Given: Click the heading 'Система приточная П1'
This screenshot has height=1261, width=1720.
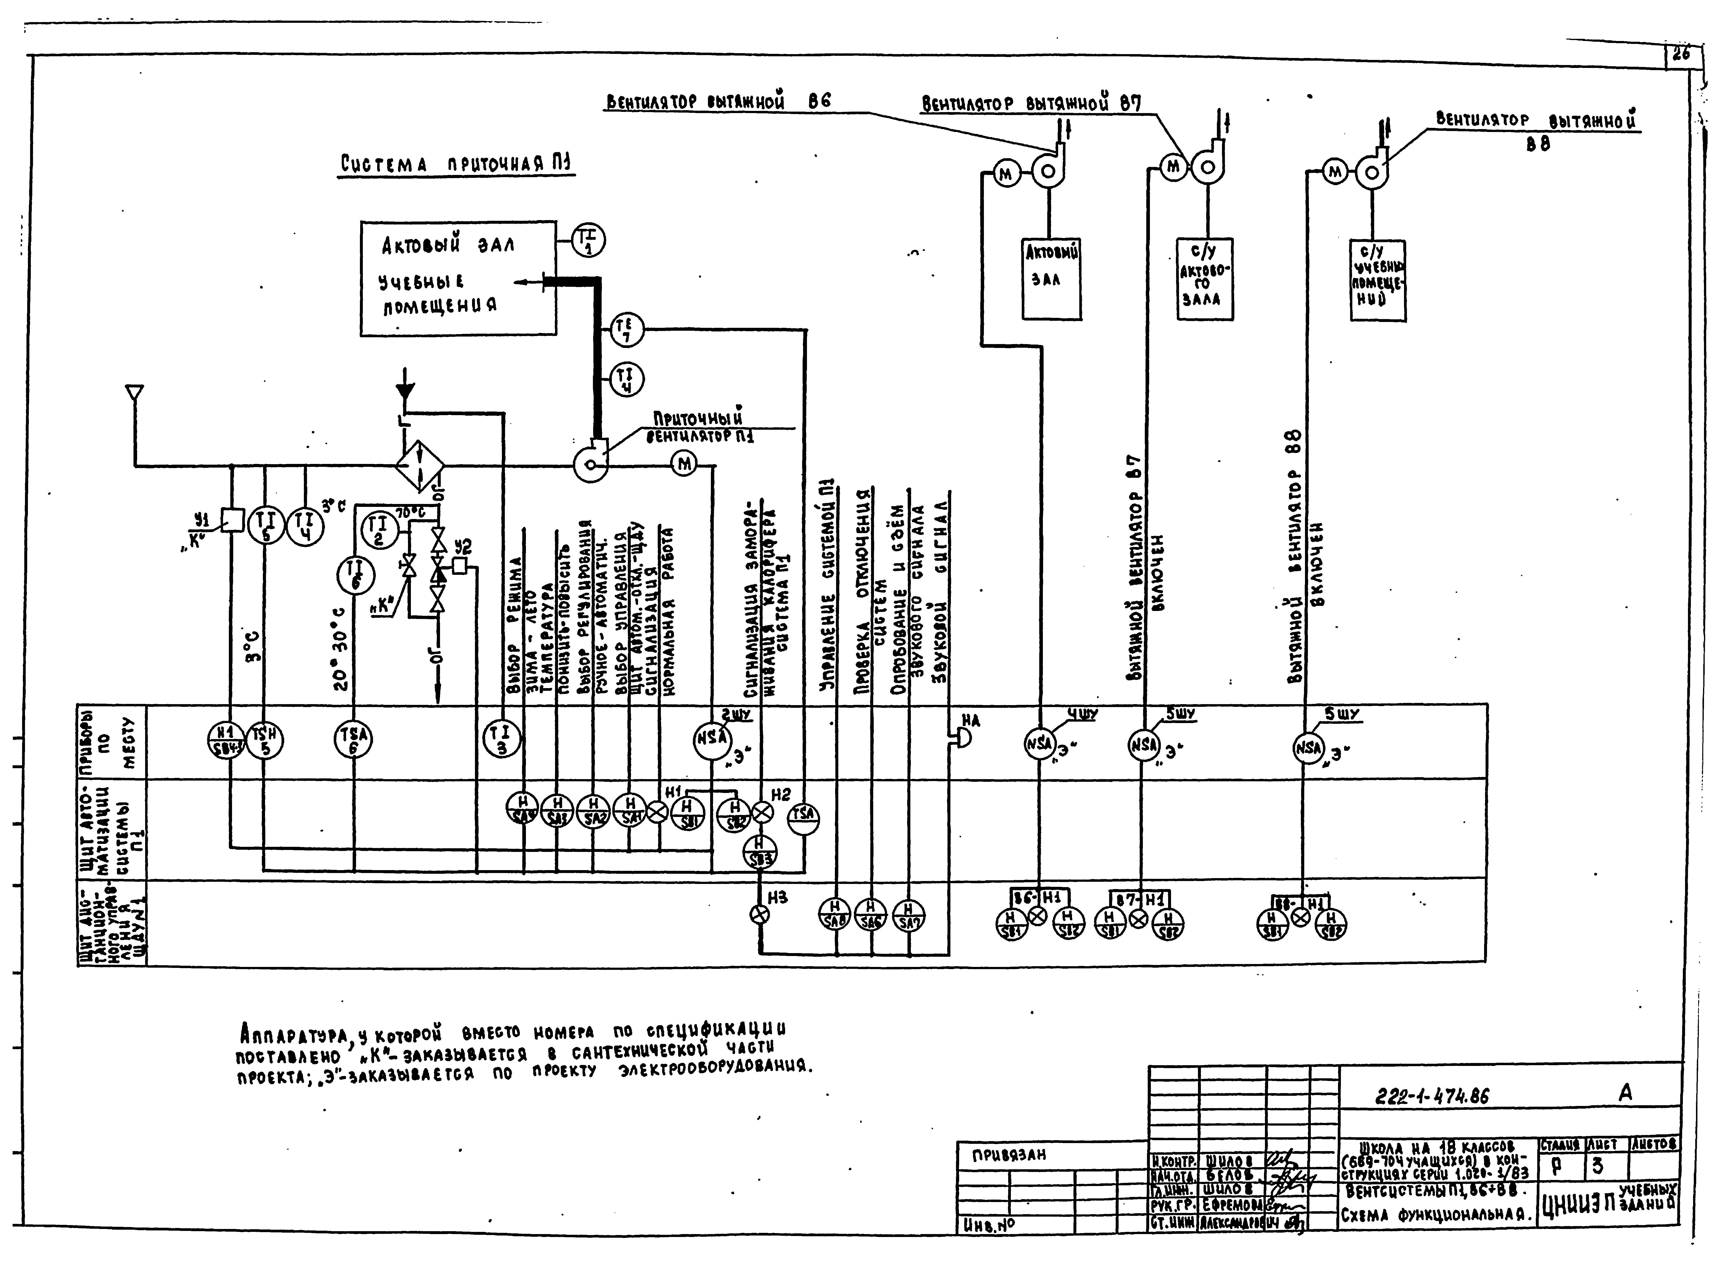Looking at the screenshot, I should (457, 164).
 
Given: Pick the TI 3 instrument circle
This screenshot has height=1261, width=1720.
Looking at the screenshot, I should (502, 739).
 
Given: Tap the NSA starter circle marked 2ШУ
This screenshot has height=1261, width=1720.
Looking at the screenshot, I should (712, 739).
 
